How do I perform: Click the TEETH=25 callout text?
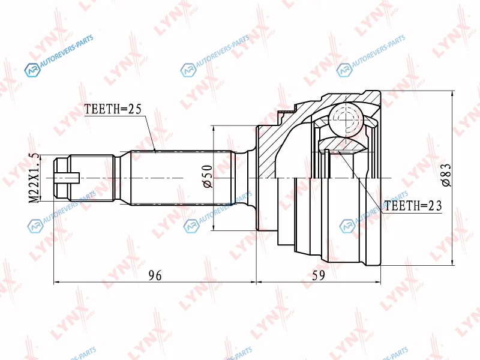click(113, 109)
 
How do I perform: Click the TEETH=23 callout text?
click(413, 206)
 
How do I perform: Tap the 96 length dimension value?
click(155, 275)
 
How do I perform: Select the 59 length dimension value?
click(319, 275)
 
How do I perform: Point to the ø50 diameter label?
click(207, 176)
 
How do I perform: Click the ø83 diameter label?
click(446, 175)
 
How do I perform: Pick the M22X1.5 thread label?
click(34, 178)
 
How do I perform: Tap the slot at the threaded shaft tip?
click(67, 178)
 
